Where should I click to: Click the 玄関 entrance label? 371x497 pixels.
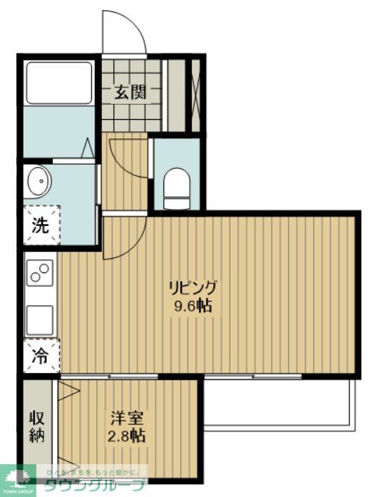pos(131,92)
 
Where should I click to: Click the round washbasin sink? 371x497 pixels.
pos(38,183)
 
